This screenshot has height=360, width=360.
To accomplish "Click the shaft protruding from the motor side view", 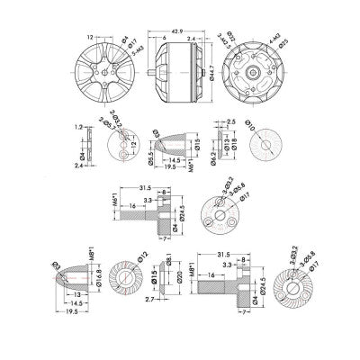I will click(x=160, y=69).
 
